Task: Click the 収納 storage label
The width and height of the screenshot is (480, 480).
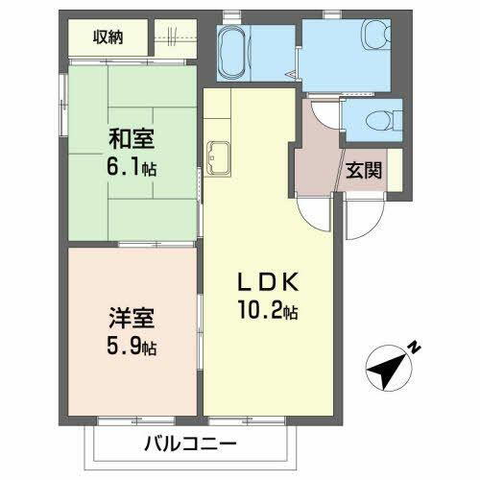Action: (x=108, y=37)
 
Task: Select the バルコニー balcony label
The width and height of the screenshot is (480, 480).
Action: (x=191, y=444)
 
